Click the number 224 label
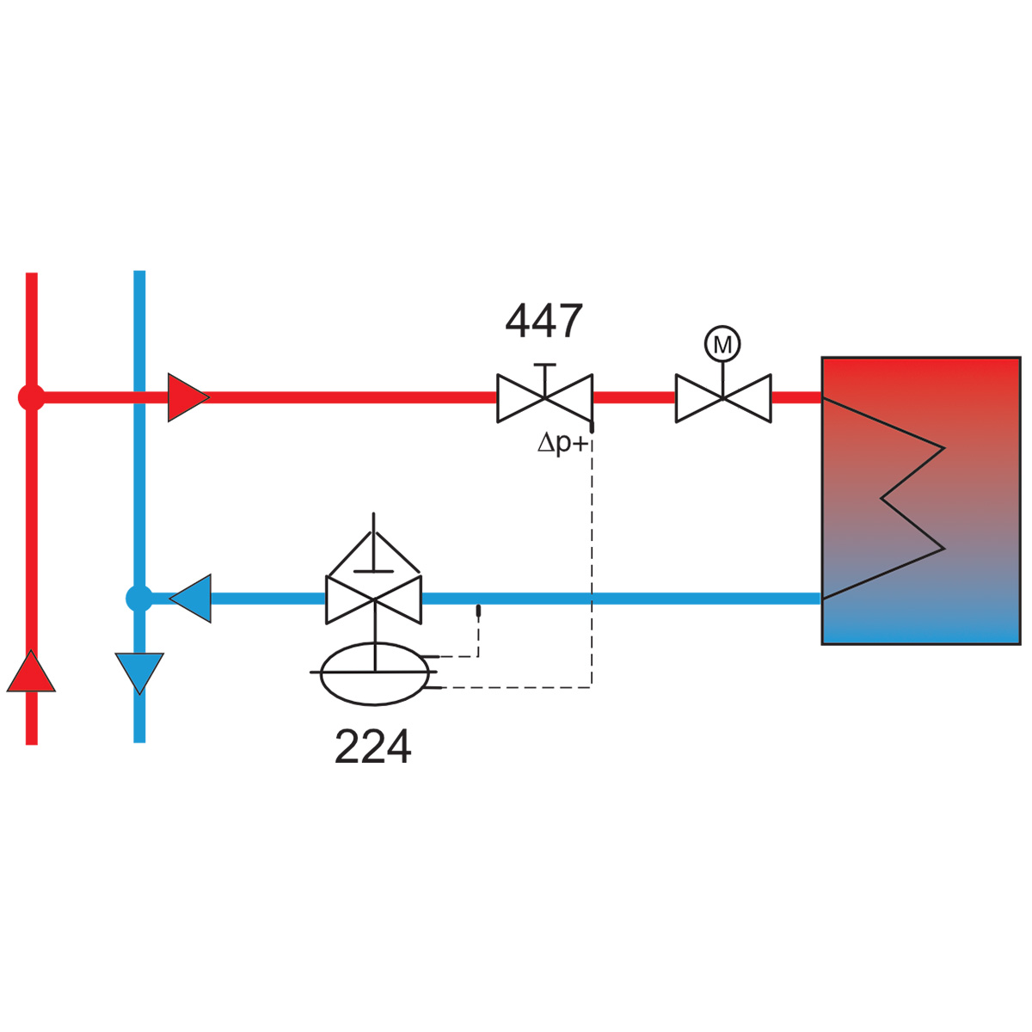[372, 746]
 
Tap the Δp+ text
[563, 443]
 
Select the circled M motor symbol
[722, 344]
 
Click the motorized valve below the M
[723, 398]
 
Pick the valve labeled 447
[544, 398]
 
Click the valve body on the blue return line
[373, 599]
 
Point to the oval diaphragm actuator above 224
[374, 673]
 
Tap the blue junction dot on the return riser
[139, 599]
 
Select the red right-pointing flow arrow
[188, 397]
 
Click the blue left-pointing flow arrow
[190, 599]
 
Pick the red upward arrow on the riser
[31, 671]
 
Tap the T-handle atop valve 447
[545, 378]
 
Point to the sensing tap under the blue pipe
[478, 610]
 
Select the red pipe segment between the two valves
[634, 397]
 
